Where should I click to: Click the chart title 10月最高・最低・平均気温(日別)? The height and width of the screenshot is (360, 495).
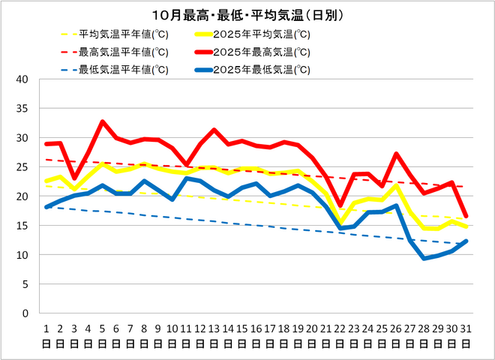(x=247, y=15)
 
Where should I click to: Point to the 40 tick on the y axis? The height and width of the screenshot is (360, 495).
(x=22, y=79)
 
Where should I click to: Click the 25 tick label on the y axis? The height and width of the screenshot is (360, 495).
(x=22, y=167)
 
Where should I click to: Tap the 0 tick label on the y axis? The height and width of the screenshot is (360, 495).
(x=25, y=313)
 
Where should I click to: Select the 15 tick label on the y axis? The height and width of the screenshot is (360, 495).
(x=22, y=226)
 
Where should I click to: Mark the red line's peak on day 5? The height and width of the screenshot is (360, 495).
(x=103, y=121)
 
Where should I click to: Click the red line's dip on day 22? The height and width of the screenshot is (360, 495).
(x=340, y=205)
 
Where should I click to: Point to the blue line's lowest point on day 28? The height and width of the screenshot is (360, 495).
(x=424, y=258)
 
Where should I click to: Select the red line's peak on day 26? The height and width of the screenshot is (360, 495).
(x=396, y=154)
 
